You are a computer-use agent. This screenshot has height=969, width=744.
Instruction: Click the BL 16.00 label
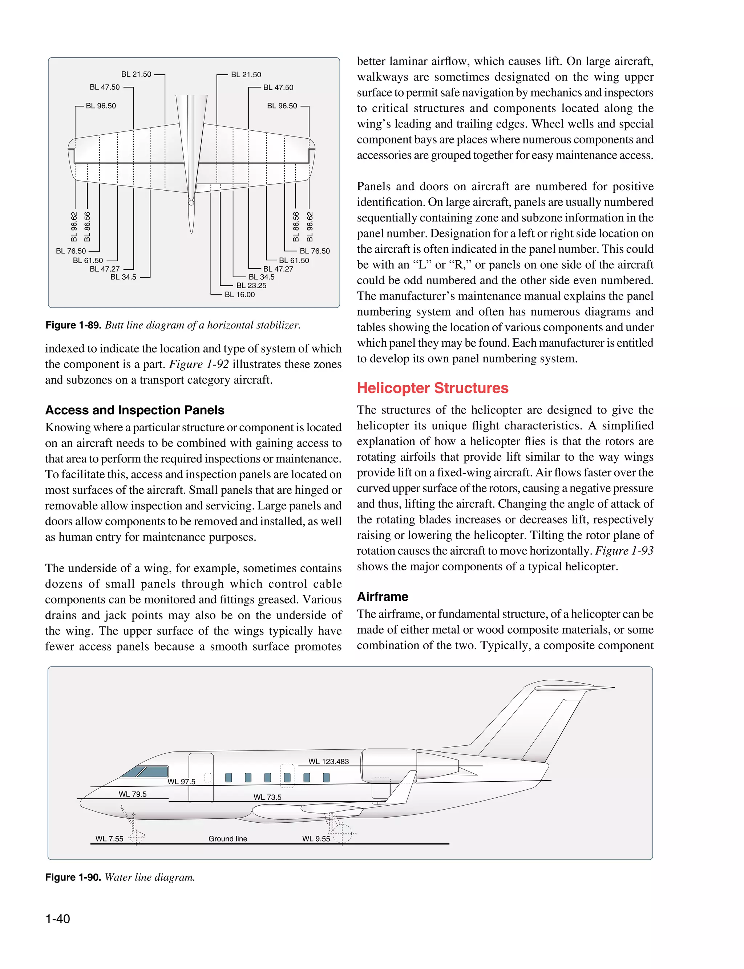tap(240, 295)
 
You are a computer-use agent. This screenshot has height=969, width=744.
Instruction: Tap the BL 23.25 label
tap(251, 286)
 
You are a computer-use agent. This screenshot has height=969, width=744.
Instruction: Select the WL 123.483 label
tap(329, 761)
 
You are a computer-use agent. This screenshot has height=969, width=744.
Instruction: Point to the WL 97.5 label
tap(181, 781)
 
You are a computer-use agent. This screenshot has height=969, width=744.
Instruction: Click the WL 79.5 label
tap(132, 794)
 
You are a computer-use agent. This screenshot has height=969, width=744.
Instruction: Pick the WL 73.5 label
tap(267, 797)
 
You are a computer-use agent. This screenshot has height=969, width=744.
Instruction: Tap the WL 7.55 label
tap(109, 839)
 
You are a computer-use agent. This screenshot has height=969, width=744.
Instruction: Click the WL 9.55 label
tap(316, 839)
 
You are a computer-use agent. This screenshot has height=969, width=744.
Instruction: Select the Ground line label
tap(228, 839)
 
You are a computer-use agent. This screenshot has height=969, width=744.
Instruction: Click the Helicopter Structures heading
tap(433, 388)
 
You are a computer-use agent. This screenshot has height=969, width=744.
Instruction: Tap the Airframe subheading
tap(383, 597)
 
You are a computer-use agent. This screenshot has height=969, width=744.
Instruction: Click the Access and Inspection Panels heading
tap(135, 410)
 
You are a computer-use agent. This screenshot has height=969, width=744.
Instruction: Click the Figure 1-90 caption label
tap(73, 878)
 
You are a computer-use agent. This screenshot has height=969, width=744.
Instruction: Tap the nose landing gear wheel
tap(136, 838)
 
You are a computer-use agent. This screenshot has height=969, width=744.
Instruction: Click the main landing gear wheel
tap(342, 835)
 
